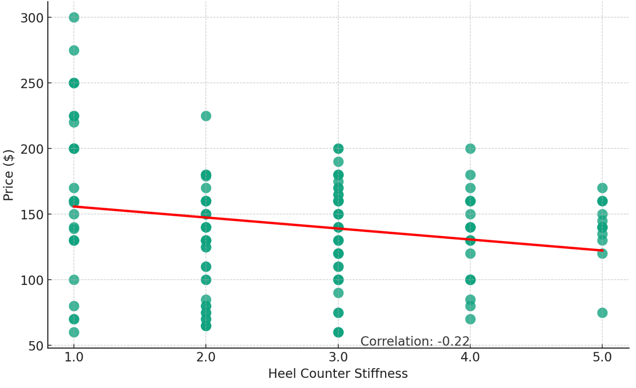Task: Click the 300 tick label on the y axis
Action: tap(32, 18)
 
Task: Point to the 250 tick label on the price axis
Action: tap(32, 83)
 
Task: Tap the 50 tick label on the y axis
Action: tap(36, 346)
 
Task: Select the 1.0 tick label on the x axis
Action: tap(74, 357)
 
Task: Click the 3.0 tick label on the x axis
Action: tap(338, 357)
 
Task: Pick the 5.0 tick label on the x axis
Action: tap(602, 357)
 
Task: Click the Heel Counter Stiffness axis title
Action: tap(338, 374)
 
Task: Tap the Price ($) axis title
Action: tap(8, 175)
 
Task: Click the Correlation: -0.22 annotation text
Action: tap(415, 341)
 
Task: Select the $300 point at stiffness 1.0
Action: tap(74, 18)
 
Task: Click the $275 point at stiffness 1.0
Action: tap(74, 50)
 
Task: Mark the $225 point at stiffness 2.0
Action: tap(206, 116)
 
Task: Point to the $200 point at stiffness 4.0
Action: tap(470, 149)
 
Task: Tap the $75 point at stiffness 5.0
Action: tap(602, 313)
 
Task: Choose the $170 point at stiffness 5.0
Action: tap(602, 188)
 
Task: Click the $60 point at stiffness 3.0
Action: tap(338, 332)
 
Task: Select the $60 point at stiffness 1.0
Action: tap(74, 332)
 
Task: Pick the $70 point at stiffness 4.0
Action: tap(470, 319)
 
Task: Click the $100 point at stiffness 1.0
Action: tap(74, 280)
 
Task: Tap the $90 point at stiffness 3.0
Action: tap(338, 293)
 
